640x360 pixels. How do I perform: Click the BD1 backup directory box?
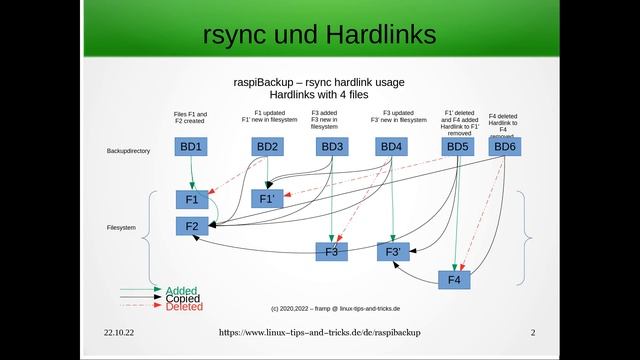tap(191, 147)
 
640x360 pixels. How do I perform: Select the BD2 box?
tap(267, 147)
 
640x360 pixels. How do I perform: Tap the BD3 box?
tap(332, 147)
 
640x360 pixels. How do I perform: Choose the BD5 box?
tap(457, 147)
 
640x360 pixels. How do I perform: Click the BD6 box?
tap(505, 147)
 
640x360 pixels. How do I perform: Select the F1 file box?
tap(192, 199)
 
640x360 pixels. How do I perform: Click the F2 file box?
tap(192, 227)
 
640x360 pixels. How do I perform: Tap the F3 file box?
tap(332, 251)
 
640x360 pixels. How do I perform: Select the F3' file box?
tap(393, 251)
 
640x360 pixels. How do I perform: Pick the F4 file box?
tap(454, 279)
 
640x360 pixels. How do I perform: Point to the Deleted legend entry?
tap(184, 307)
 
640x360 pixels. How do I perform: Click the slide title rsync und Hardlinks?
tap(319, 35)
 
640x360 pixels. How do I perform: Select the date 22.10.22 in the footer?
tap(120, 331)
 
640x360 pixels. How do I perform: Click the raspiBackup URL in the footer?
tap(319, 331)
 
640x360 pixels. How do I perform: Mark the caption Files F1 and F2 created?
tap(191, 118)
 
